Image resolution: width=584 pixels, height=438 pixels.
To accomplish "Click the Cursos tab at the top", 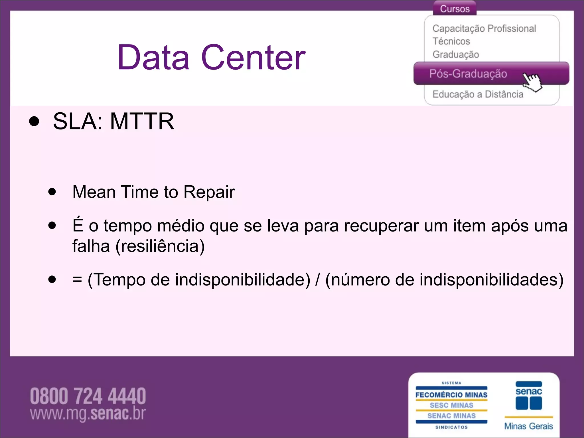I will point(455,9).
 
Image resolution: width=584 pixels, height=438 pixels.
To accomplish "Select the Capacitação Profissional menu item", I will point(484,29).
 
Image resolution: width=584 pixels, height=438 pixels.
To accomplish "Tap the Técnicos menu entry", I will point(451,41).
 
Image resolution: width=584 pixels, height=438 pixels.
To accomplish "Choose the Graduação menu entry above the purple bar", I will point(456,54).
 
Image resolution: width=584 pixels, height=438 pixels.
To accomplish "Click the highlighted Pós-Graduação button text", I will point(468,74).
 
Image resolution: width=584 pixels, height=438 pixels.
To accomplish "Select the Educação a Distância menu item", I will point(478,94).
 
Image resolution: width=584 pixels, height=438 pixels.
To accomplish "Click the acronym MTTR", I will point(142,121).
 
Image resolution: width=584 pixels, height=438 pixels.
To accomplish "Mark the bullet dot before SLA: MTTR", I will point(34,121).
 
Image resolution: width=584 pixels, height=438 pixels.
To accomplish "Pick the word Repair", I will point(209,192).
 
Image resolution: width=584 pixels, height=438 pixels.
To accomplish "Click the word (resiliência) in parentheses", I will point(160,246).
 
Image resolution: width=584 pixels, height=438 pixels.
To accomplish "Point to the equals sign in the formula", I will point(77,279).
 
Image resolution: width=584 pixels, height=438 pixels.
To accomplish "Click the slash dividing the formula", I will point(317,279).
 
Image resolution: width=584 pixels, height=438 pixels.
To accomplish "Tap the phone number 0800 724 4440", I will point(88,396).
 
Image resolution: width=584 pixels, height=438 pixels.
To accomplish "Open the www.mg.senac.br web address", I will point(88,413).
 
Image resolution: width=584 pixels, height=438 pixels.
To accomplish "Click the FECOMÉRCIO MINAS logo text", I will point(451,395).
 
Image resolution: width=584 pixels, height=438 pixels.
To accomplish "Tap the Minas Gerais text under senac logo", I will point(528,426).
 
